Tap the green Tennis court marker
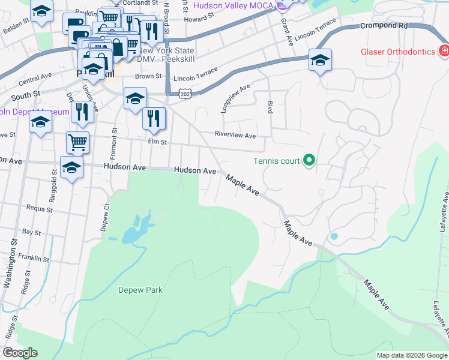click(x=309, y=160)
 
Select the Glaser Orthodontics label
click(x=397, y=51)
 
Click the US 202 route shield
click(x=185, y=94)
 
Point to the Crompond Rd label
click(x=384, y=26)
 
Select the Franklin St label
click(x=34, y=258)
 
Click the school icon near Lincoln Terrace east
click(x=320, y=60)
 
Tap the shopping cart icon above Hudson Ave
click(x=77, y=143)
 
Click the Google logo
click(x=20, y=353)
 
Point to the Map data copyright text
click(x=411, y=355)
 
